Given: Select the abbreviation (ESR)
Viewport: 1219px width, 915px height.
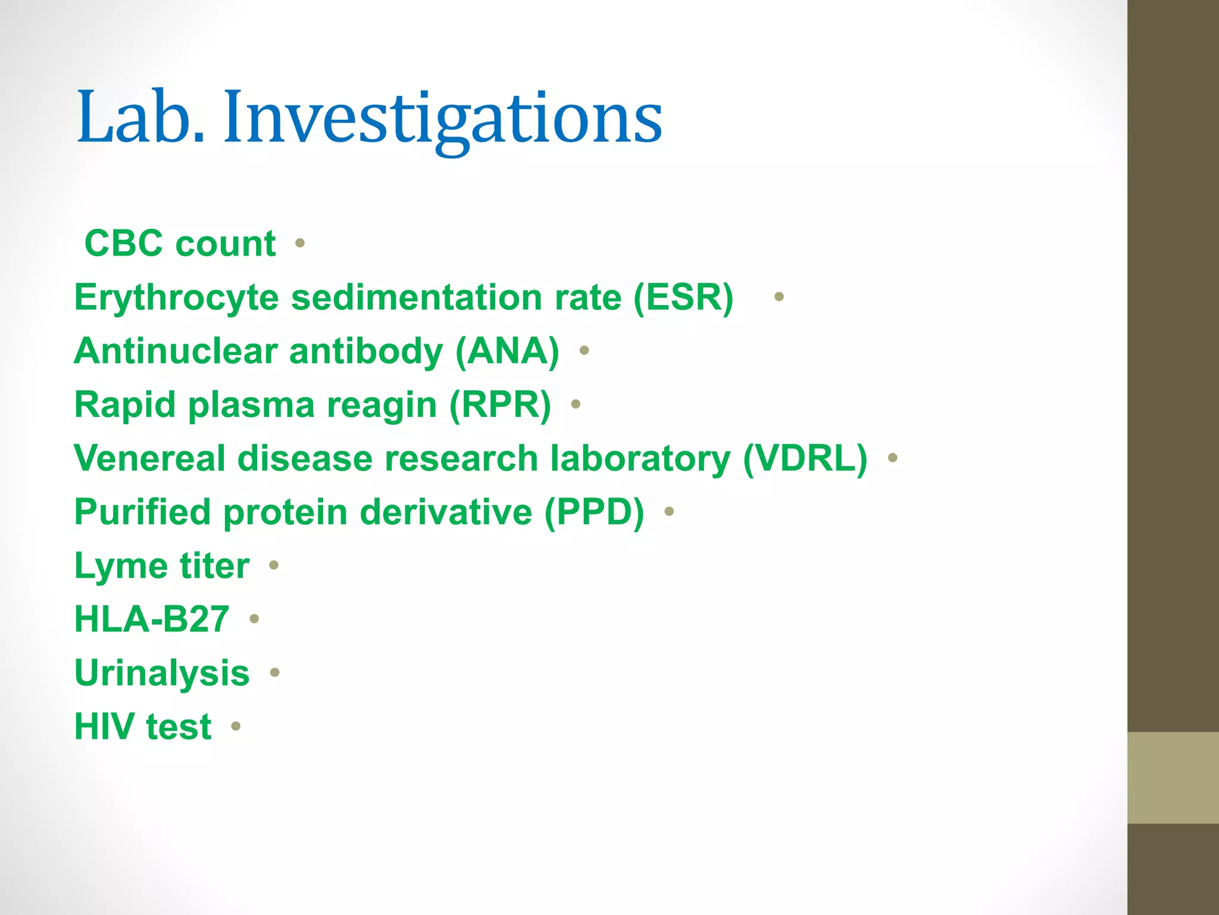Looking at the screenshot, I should point(683,297).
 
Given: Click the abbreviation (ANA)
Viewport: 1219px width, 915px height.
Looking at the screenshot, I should point(507,350).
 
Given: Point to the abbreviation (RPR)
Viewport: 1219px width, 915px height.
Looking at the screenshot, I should point(500,404).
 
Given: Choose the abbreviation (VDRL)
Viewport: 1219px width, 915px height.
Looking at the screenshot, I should point(805,458).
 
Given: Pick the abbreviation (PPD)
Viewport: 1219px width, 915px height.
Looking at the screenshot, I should point(594,512).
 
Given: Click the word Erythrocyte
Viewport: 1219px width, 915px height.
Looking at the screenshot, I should point(176,297).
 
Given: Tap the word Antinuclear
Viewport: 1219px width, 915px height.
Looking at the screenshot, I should point(176,350).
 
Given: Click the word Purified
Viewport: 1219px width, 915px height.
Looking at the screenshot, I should point(142,512).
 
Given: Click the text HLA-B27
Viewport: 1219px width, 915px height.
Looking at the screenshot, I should point(152,619).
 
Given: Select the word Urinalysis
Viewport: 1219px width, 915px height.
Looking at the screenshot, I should point(162,673).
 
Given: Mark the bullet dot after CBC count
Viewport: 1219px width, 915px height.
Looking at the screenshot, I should point(300,243).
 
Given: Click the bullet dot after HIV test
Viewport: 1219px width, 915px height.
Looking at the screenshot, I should point(236,726).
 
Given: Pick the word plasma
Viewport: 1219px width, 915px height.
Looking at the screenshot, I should point(251,405).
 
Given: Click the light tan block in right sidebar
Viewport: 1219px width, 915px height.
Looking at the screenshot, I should point(1173,777).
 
